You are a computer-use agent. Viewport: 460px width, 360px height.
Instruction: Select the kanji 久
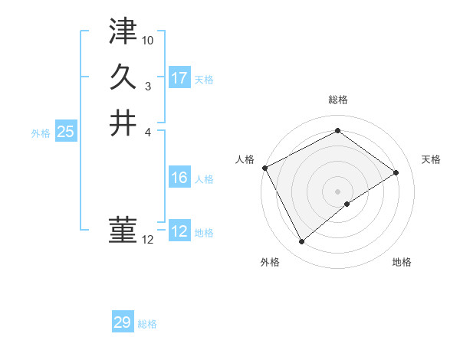123,77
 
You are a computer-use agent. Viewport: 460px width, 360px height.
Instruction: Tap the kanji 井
123,123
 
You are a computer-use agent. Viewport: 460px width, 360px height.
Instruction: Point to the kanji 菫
123,229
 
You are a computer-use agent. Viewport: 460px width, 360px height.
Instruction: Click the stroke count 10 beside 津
149,39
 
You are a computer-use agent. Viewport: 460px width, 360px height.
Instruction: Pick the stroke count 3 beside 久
148,86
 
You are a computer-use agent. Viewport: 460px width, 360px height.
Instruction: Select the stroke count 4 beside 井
148,132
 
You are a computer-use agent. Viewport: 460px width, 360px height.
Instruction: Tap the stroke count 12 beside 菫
148,240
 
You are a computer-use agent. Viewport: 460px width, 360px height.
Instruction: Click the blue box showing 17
179,78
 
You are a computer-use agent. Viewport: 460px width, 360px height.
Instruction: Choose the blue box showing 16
179,178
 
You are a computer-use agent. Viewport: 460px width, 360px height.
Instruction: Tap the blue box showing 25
66,132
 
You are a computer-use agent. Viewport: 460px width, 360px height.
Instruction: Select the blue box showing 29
123,322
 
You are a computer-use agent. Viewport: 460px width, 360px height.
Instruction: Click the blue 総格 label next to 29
147,324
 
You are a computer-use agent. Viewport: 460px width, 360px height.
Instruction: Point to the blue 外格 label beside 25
41,133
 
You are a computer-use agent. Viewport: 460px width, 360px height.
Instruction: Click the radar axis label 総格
338,100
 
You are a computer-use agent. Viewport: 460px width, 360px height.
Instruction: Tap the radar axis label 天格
432,159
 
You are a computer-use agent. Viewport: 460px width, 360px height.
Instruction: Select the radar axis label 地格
402,262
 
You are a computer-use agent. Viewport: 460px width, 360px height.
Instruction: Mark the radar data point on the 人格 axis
264,168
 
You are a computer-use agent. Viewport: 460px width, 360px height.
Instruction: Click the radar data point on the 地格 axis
347,204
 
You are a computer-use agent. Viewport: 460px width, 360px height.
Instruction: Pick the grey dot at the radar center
338,191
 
